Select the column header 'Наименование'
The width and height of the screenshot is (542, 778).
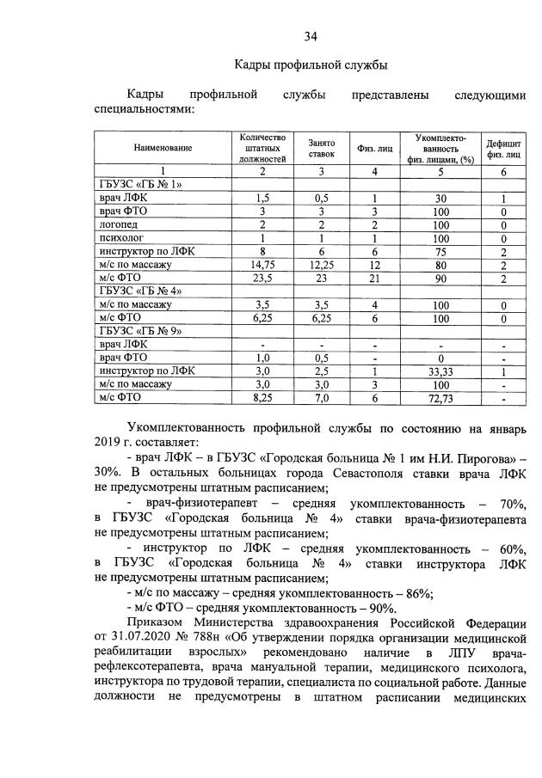163,148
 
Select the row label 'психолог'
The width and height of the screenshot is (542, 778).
120,238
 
